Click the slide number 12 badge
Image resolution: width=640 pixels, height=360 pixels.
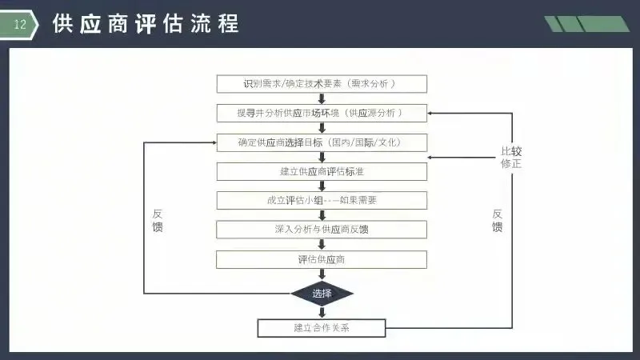[21, 25]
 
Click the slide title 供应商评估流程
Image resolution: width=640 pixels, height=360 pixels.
[145, 24]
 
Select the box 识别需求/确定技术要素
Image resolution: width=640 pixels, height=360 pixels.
[322, 84]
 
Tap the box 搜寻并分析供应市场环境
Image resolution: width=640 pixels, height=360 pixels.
[322, 113]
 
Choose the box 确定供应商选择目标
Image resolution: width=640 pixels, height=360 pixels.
[322, 142]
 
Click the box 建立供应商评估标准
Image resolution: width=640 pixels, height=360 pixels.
[322, 171]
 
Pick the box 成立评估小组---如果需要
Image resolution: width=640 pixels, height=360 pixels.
[322, 200]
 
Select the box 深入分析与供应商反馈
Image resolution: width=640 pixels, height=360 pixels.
[322, 230]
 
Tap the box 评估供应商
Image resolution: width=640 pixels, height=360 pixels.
[322, 259]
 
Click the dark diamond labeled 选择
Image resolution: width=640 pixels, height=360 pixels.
[322, 294]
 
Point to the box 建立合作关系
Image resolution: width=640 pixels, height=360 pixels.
[322, 328]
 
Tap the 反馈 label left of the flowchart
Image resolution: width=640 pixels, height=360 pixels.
[158, 221]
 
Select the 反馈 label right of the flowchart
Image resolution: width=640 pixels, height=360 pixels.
[498, 221]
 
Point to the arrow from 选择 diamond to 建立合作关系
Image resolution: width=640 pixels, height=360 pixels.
[322, 312]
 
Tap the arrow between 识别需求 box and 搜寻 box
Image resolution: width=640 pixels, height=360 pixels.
[322, 98]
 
